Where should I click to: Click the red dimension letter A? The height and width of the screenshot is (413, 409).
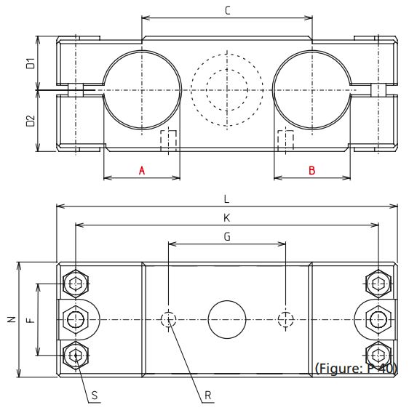click(143, 170)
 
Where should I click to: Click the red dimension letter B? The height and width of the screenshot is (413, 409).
click(311, 170)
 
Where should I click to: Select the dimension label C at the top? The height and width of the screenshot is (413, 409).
click(227, 11)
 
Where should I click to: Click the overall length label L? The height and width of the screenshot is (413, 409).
click(226, 199)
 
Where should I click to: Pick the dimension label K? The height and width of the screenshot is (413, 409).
click(226, 217)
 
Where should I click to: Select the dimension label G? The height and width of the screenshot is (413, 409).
click(226, 236)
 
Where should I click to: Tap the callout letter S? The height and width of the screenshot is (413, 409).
click(95, 396)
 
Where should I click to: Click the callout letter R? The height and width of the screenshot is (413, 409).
click(208, 396)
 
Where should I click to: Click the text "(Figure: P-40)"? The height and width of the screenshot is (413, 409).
click(356, 368)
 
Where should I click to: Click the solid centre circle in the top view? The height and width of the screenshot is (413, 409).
click(226, 319)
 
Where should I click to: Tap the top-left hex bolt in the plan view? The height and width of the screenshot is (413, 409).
click(76, 282)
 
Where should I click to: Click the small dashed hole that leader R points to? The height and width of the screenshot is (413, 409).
click(169, 318)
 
